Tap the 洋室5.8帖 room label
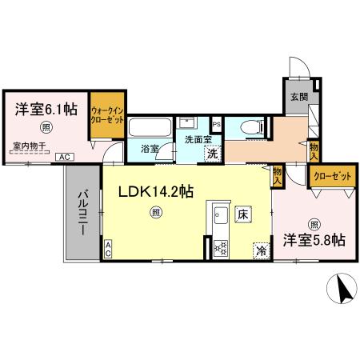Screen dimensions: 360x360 point(312,239)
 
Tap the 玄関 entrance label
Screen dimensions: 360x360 point(298,99)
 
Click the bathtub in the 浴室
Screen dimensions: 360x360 point(149,128)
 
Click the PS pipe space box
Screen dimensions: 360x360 point(217,123)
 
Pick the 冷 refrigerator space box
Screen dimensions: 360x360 point(262,250)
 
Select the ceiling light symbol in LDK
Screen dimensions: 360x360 point(155,212)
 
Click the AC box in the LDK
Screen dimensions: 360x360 point(109,250)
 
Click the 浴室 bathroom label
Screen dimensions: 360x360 point(150,150)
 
